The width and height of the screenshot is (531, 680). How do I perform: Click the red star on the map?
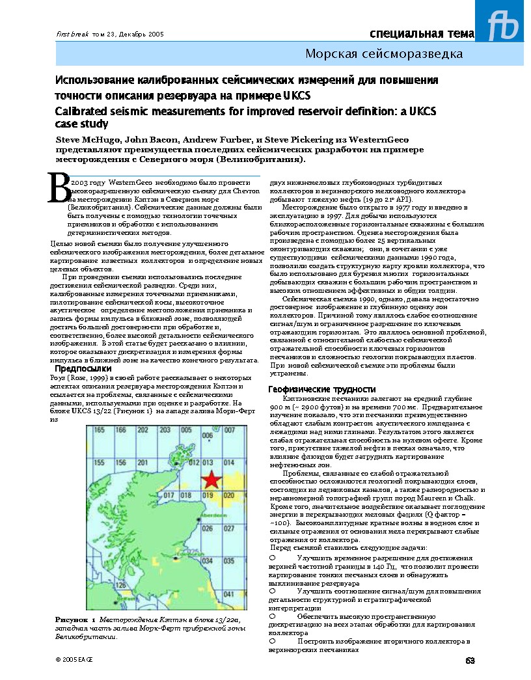[x=210, y=480]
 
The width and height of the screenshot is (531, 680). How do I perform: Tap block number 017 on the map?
[x=169, y=495]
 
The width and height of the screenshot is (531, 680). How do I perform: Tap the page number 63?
[x=470, y=661]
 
